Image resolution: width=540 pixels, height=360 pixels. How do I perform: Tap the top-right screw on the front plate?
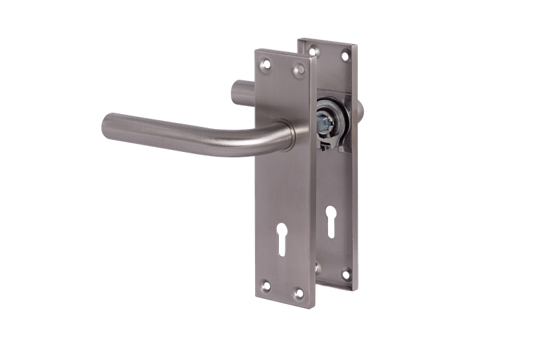pos(298,68)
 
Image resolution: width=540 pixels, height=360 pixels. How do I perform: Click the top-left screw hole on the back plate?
pos(312,49)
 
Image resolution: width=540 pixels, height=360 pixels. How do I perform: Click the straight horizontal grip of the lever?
pos(175,132)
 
